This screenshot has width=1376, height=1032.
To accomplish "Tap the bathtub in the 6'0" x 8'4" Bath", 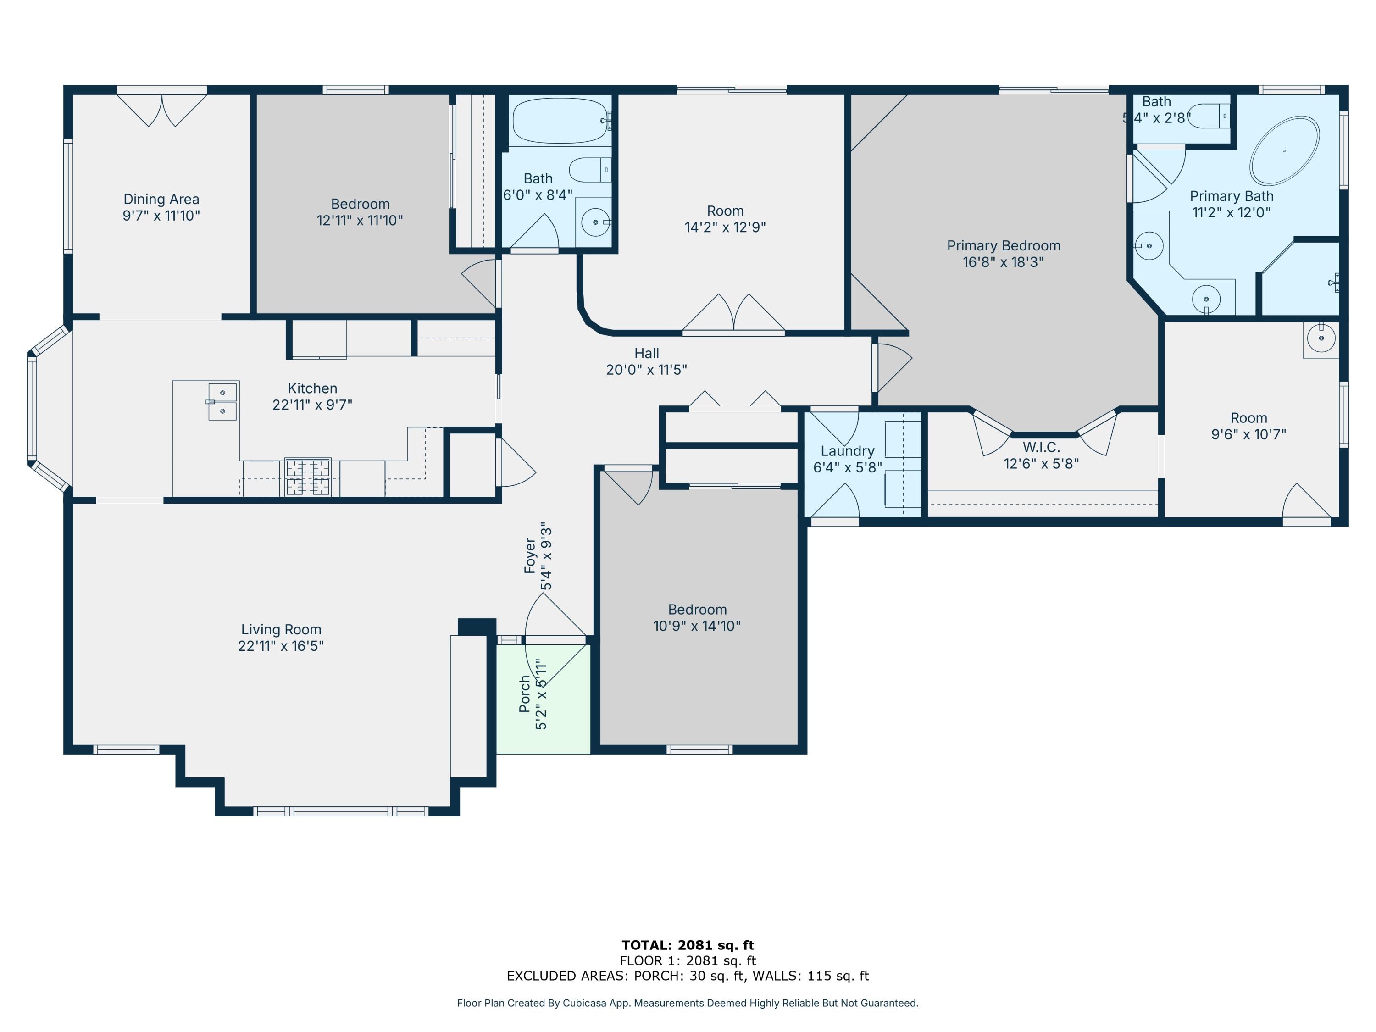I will tap(560, 121).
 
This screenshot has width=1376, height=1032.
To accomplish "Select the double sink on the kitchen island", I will tap(222, 402).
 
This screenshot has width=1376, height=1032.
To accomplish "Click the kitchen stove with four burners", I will tap(308, 477).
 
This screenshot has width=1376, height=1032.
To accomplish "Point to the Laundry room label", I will tap(847, 451).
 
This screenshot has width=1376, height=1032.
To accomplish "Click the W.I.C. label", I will tap(1041, 447).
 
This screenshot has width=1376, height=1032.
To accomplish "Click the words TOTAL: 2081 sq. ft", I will tap(688, 945).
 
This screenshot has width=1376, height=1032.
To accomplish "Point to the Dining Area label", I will tap(161, 199).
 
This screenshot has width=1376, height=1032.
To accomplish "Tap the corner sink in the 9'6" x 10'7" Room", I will tap(1321, 339).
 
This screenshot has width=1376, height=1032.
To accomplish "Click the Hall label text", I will tap(646, 353).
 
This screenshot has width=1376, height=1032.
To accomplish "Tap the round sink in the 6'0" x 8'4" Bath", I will tap(595, 222).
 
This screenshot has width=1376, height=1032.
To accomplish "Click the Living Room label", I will tap(281, 630).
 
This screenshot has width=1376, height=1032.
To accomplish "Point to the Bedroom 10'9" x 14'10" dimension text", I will tap(697, 626).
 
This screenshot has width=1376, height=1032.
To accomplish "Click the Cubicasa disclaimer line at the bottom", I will tap(688, 1003).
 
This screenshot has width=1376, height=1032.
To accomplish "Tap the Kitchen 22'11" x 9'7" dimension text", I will tap(312, 405).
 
